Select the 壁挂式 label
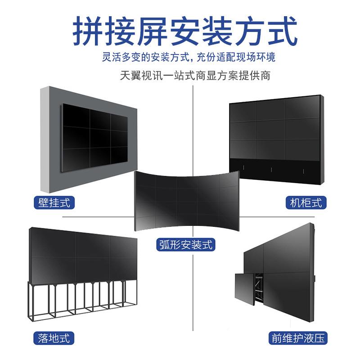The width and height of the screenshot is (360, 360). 54,202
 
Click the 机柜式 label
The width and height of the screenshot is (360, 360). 306,202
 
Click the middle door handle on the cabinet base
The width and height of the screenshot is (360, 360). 271,170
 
